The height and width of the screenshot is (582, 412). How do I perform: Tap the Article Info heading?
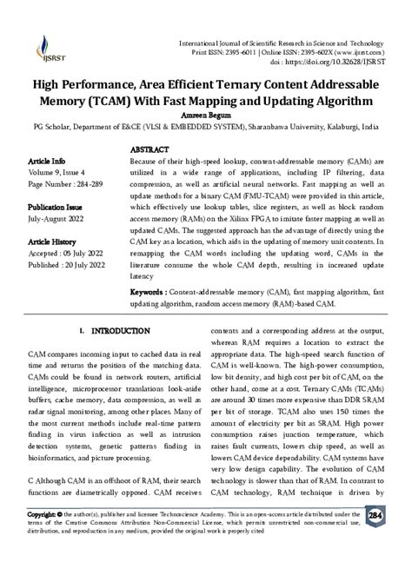pos(47,162)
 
